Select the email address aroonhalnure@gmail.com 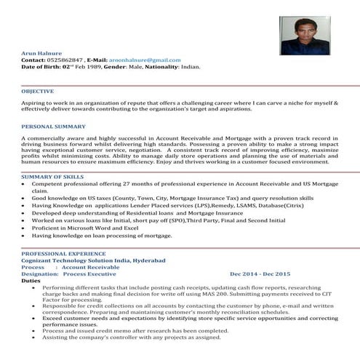[x=145, y=59]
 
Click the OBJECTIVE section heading [x=38, y=91]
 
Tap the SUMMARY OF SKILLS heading [x=52, y=177]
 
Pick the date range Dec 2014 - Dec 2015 [x=260, y=273]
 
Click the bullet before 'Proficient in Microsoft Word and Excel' [x=25, y=228]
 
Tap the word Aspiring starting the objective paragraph [x=35, y=105]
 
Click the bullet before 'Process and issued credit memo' [x=37, y=330]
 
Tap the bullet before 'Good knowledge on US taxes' [x=25, y=198]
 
